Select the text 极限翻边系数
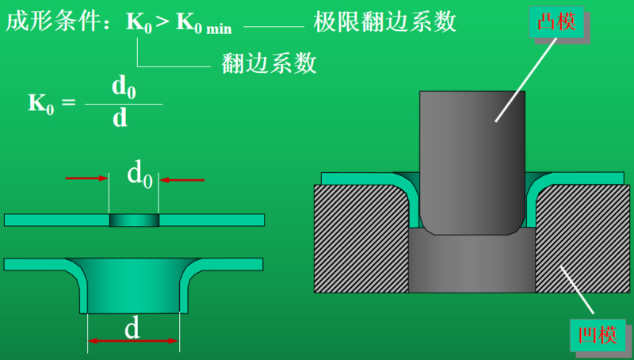pyautogui.click(x=385, y=21)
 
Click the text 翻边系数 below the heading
pyautogui.click(x=269, y=62)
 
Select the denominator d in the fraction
pyautogui.click(x=120, y=118)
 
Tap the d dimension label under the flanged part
pyautogui.click(x=132, y=327)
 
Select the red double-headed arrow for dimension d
pyautogui.click(x=133, y=341)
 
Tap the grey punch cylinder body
pyautogui.click(x=471, y=159)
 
